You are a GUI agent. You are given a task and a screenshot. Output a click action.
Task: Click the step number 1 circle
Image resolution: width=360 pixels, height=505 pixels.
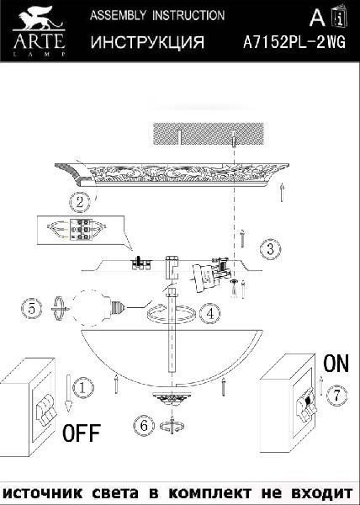click(83, 387)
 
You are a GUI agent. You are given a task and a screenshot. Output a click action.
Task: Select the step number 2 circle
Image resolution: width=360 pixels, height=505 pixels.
click(80, 202)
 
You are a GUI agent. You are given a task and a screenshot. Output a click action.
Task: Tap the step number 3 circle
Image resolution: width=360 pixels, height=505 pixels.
click(270, 249)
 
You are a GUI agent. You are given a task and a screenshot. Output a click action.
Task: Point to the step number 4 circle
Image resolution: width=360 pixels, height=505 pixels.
click(209, 313)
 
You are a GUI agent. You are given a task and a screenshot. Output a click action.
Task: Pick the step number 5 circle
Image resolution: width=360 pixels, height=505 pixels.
click(31, 309)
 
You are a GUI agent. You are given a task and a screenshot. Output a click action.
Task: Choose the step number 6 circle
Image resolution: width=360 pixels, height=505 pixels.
click(144, 426)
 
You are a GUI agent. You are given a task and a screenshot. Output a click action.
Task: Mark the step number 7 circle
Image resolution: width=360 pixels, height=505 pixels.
click(336, 396)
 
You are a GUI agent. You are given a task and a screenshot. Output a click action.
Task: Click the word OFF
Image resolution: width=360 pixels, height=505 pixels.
click(82, 433)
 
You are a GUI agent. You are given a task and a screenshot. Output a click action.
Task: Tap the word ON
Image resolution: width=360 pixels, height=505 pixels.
click(336, 364)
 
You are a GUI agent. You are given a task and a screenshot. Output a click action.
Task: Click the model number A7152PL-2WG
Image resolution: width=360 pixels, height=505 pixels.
click(294, 42)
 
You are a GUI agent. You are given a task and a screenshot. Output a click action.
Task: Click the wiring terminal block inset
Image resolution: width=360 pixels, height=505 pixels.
click(81, 230)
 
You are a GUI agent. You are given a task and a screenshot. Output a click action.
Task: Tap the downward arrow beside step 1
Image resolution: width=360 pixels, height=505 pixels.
click(68, 393)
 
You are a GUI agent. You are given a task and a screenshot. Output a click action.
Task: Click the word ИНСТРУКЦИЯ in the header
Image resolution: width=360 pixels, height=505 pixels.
click(147, 42)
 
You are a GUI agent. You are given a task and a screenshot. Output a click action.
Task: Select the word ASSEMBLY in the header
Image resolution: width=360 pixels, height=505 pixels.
click(118, 15)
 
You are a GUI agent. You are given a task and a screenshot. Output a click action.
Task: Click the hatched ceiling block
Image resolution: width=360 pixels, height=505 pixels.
click(209, 134)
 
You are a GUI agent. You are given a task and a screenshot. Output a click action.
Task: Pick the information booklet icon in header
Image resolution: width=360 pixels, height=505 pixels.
click(340, 16)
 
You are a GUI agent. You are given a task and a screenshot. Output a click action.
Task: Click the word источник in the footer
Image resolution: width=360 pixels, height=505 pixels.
click(42, 493)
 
